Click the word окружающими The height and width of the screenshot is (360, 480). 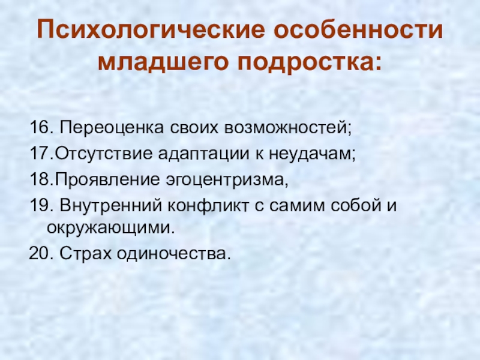112,228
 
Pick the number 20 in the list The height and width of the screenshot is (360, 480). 39,254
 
